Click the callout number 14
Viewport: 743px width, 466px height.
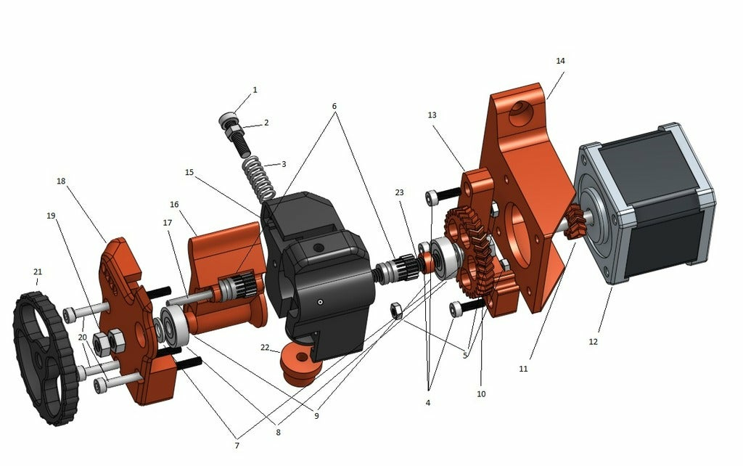point(560,61)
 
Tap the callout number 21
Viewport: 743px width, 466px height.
point(38,272)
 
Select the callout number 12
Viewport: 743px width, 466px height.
point(593,341)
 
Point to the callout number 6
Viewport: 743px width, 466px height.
point(334,106)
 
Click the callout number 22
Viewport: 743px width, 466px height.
point(266,348)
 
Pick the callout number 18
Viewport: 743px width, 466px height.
point(61,181)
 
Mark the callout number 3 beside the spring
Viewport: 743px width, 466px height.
point(284,164)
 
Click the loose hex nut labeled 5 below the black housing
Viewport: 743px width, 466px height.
point(397,310)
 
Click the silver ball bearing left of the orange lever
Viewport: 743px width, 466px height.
point(175,327)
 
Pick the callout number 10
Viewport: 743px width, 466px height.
point(481,394)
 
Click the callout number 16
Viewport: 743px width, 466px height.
point(174,205)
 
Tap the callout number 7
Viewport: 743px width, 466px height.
point(237,445)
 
